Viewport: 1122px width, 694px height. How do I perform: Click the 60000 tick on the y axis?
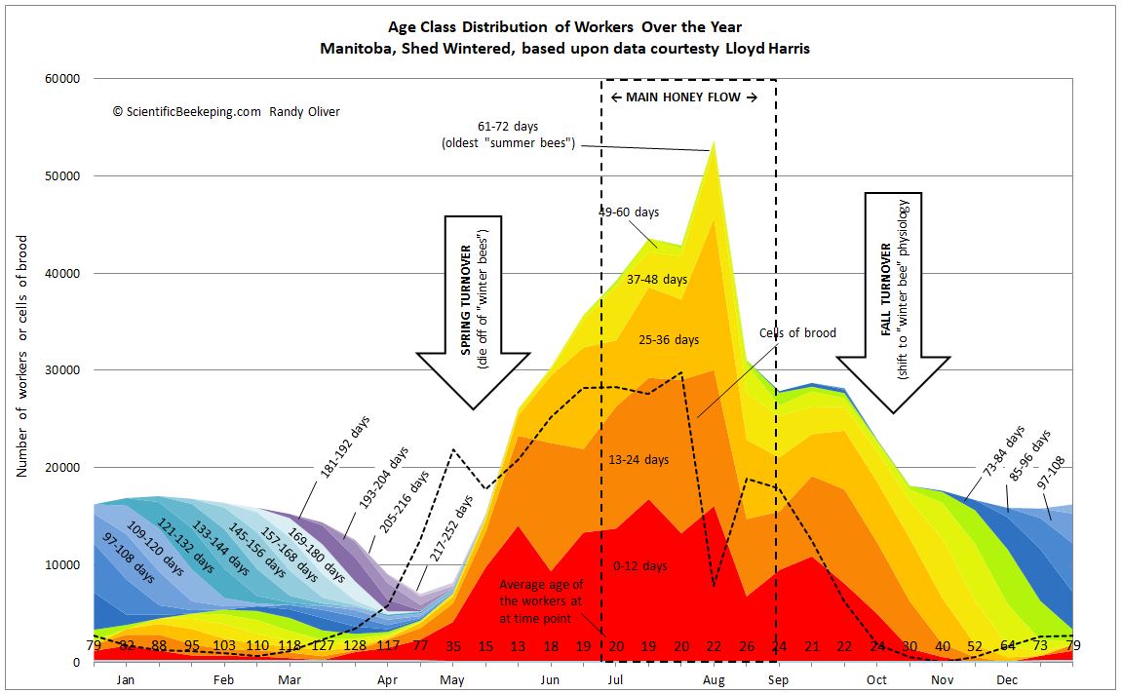coord(64,79)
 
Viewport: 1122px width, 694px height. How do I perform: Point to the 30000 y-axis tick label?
coord(64,370)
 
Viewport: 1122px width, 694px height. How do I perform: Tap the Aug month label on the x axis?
coord(715,678)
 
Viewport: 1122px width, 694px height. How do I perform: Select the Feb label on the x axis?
coord(224,678)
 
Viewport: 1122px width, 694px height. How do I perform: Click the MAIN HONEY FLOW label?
coord(683,97)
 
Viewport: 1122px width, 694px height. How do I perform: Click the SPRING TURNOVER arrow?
coord(473,312)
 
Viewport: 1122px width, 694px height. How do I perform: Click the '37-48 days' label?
coord(656,279)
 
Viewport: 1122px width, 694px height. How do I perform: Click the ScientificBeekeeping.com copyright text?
coord(226,112)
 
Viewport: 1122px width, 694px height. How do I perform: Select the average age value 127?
coord(323,646)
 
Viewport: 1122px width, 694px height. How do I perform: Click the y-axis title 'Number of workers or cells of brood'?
coord(21,356)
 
